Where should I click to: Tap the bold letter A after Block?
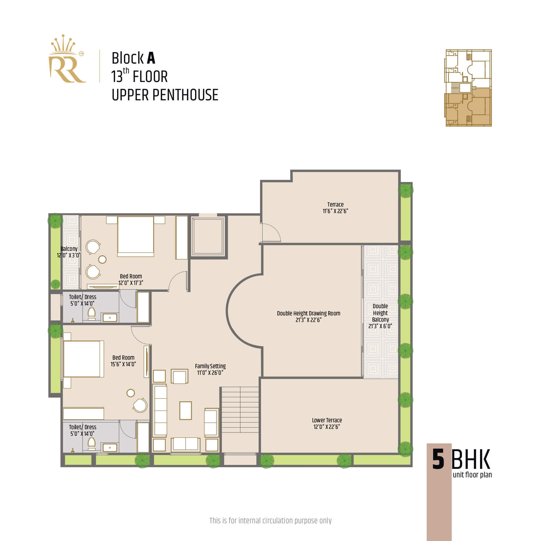tap(151, 58)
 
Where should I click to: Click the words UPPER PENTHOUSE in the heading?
tap(165, 95)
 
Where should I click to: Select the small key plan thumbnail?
tap(469, 88)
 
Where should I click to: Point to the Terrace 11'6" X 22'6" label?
tap(335, 208)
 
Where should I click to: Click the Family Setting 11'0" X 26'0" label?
tap(210, 369)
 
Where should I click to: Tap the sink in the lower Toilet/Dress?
tap(110, 447)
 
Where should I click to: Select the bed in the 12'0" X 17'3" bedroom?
tap(136, 236)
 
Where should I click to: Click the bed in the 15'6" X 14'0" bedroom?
tap(82, 359)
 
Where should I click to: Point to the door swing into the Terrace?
tap(271, 232)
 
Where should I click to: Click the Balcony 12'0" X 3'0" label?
tap(69, 252)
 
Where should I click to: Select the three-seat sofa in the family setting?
tap(160, 410)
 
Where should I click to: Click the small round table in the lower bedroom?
tap(131, 393)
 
